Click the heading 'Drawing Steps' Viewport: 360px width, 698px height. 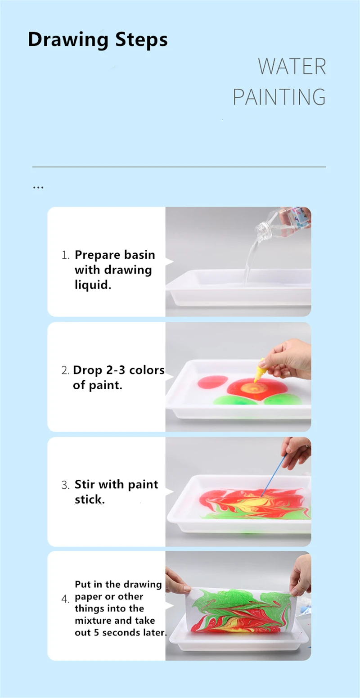tap(98, 40)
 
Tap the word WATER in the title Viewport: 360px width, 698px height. tap(292, 66)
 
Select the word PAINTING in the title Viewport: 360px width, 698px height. tap(279, 97)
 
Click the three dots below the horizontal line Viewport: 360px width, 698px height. tap(38, 188)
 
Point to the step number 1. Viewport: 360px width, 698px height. tap(65, 255)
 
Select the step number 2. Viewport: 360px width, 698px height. tap(65, 370)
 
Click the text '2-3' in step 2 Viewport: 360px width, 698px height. tap(115, 370)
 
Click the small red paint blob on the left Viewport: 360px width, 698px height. tap(212, 382)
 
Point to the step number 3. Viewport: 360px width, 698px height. tap(65, 485)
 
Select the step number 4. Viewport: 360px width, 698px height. tap(65, 599)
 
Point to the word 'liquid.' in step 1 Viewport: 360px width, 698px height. tap(93, 285)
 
